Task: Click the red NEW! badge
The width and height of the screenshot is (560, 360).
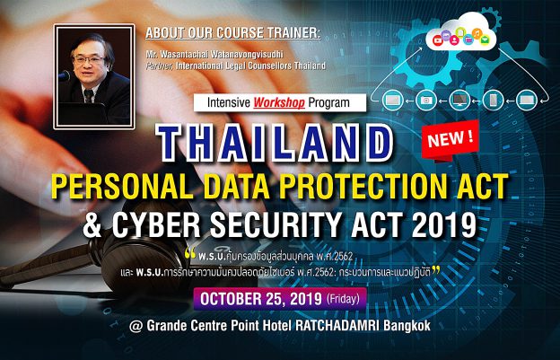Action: point(450,139)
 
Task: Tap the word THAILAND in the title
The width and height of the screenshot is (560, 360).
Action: point(275,143)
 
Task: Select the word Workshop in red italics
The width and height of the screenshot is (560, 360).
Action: point(279,103)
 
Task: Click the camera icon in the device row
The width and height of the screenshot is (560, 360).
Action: point(426,101)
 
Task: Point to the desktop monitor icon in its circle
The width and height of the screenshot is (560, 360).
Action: point(459,101)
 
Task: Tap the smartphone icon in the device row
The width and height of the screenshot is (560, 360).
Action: point(493,101)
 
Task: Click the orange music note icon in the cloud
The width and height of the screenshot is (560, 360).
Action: point(477,33)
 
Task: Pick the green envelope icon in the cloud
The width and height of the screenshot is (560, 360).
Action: point(485,40)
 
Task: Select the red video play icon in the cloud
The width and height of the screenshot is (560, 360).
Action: point(437,40)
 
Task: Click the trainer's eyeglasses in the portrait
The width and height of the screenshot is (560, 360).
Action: point(88,59)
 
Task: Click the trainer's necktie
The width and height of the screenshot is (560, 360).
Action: point(88,96)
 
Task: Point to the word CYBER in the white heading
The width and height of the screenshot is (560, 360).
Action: point(150,225)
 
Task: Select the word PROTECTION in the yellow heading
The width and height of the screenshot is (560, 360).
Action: point(349,187)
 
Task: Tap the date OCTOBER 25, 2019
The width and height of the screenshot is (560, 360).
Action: point(261,299)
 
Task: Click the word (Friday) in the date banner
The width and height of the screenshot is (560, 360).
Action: point(343,299)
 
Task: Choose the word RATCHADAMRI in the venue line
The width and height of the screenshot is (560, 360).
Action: point(337,326)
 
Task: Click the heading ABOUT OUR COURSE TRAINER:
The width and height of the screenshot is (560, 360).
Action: point(232,33)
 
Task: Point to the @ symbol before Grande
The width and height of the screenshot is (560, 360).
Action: point(136,327)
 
